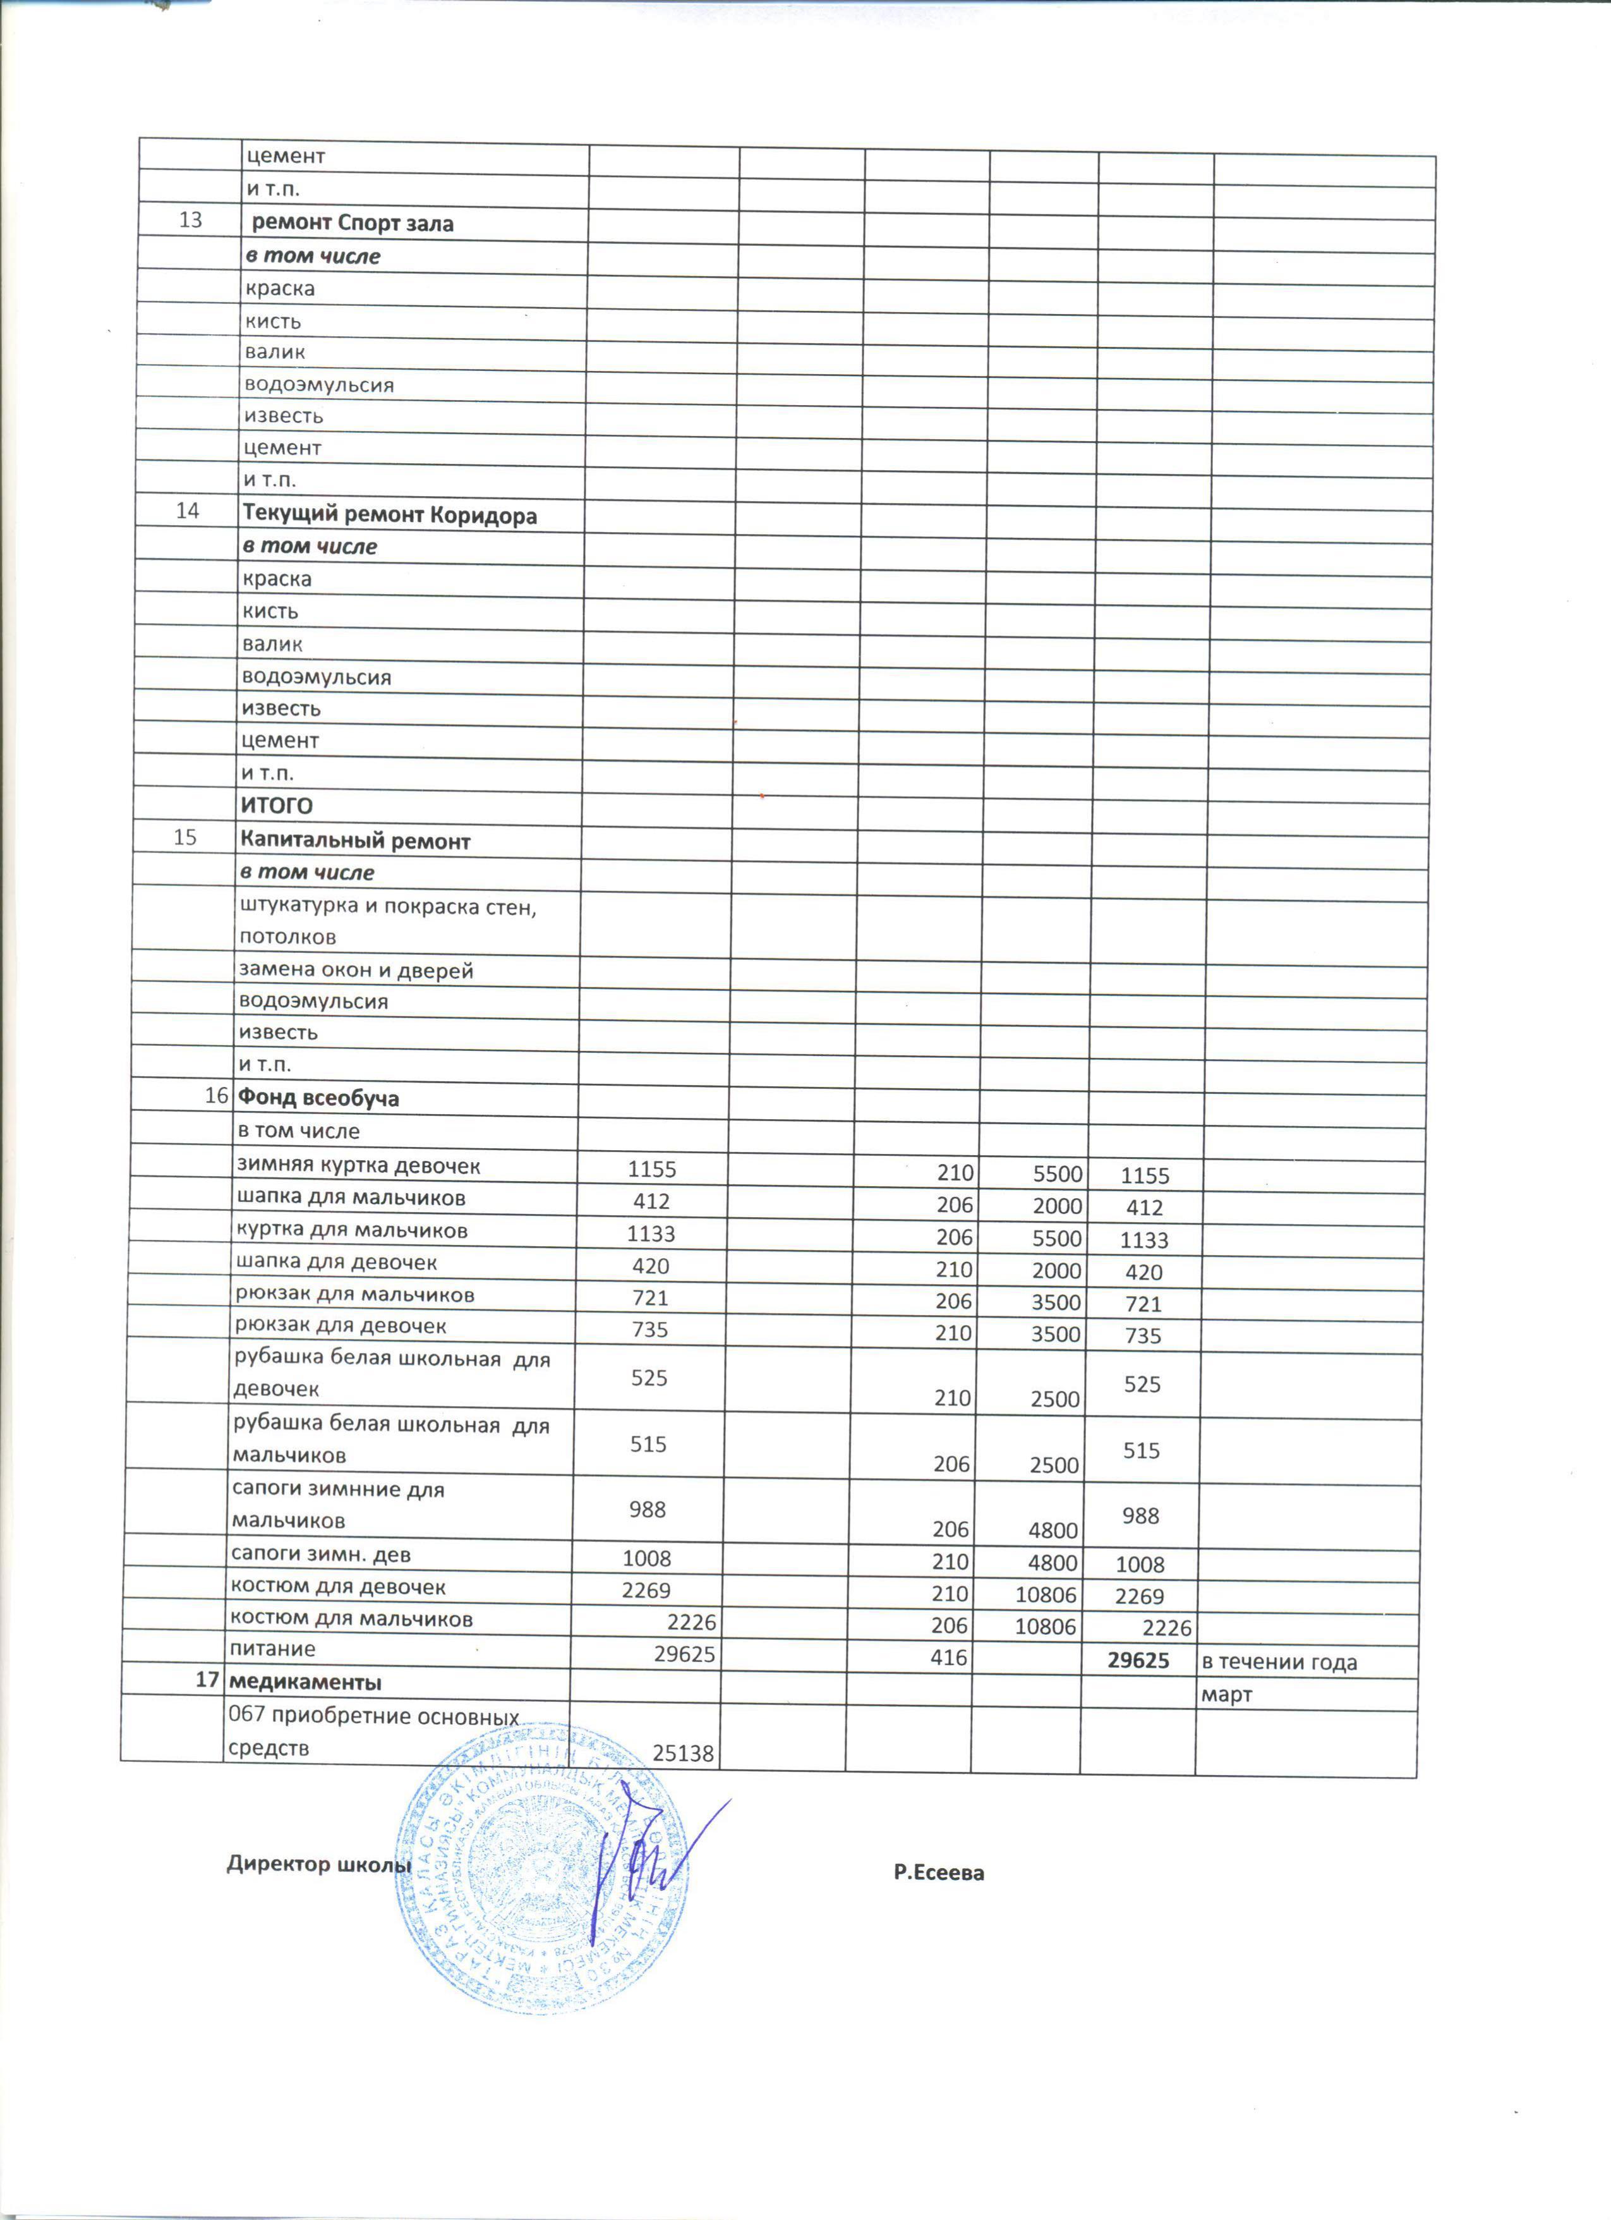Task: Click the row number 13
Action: point(190,219)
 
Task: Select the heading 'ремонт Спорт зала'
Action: point(353,223)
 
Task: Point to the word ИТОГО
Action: point(277,806)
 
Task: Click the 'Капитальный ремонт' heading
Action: point(355,841)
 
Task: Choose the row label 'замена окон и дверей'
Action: point(356,970)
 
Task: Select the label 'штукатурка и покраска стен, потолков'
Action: point(387,921)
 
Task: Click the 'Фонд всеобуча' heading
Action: point(318,1097)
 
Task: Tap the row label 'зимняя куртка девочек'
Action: point(358,1165)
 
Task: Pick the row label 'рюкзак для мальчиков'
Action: point(354,1294)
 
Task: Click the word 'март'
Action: point(1226,1694)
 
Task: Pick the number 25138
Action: point(682,1753)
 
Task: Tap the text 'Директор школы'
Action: point(318,1864)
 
